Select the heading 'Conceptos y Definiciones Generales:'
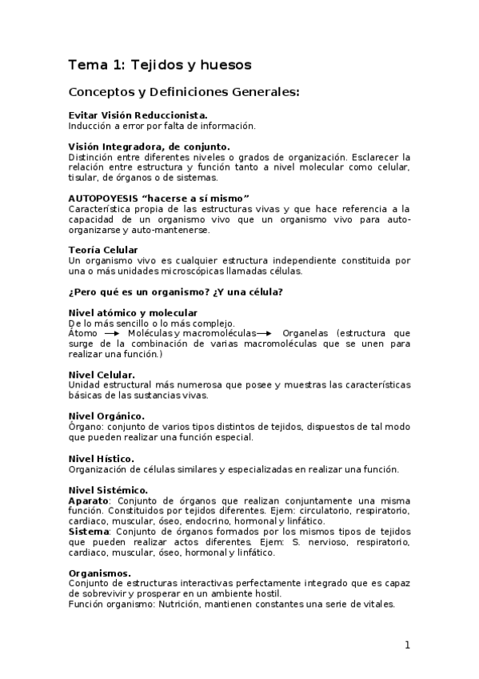(184, 92)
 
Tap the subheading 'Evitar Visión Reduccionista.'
(138, 116)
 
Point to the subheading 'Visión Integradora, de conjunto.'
(149, 147)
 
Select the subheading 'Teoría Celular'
(103, 251)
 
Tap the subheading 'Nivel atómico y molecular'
(133, 312)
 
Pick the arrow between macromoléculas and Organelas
(265, 333)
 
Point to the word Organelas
(306, 333)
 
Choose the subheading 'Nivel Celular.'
(102, 374)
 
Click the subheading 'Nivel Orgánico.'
(106, 416)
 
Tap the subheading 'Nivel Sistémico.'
(108, 490)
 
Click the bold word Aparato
(89, 500)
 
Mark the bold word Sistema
(89, 531)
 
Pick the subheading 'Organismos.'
(100, 573)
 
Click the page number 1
(407, 645)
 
